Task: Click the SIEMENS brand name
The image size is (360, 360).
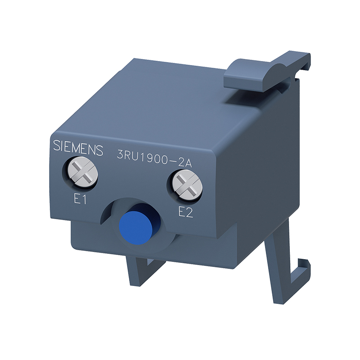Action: coord(78,147)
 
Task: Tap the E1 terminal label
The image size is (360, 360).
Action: coord(80,200)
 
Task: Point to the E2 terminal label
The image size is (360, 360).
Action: coord(185,212)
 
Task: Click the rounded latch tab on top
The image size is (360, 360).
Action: coord(252,72)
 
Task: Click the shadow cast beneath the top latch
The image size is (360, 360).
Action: coord(252,92)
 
